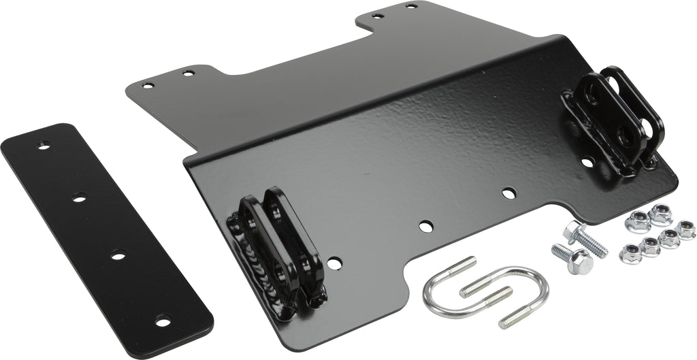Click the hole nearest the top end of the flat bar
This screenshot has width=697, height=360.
(44, 145)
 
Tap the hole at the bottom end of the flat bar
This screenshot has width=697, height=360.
(162, 318)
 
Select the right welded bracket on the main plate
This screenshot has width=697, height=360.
(613, 119)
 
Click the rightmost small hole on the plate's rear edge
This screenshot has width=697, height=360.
(410, 6)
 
